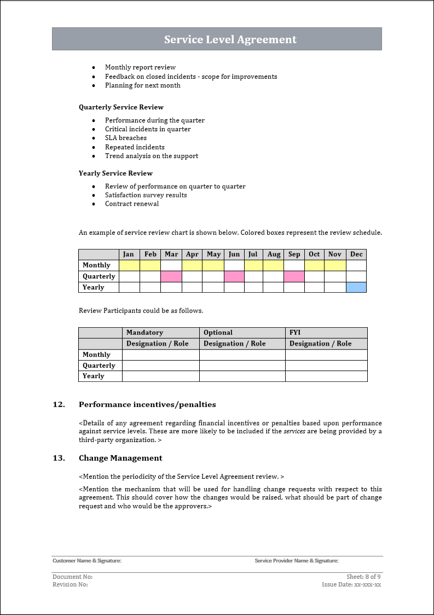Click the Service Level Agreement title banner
230,39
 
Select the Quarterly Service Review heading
121,107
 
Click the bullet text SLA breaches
126,138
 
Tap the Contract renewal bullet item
132,204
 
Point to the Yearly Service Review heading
115,173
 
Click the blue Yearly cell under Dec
356,287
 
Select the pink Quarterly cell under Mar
171,276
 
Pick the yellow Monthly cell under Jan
129,265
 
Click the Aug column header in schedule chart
274,254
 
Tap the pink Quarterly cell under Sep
294,276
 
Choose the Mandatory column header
144,333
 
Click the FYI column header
295,333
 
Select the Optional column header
218,333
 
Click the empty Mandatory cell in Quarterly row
160,365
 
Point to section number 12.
59,405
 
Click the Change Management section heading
120,458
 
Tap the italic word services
294,431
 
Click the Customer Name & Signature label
86,561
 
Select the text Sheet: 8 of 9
363,577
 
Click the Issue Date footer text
351,584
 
